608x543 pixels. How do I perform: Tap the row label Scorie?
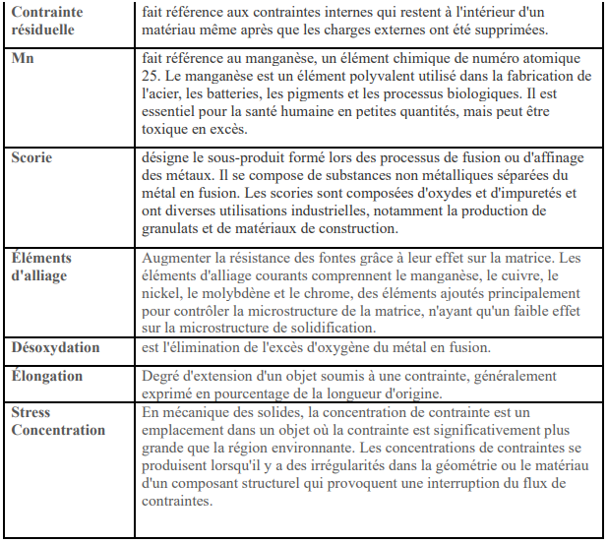[31, 157]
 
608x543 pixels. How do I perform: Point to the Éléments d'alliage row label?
[41, 267]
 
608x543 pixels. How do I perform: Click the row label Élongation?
[47, 376]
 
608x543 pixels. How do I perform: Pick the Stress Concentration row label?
[57, 421]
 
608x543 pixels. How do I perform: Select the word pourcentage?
[236, 394]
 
